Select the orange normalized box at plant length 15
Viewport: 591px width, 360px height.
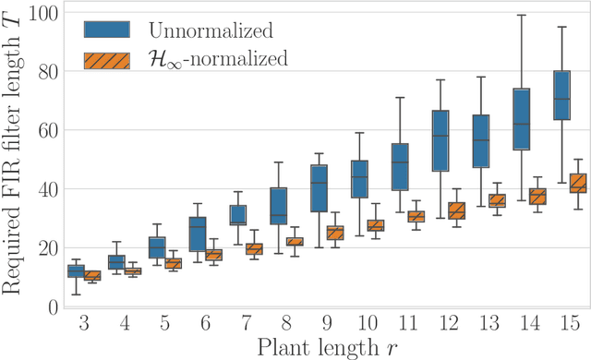pyautogui.click(x=578, y=183)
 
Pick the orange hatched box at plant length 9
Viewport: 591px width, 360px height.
pyautogui.click(x=335, y=233)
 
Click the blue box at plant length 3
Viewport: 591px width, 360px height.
pyautogui.click(x=76, y=270)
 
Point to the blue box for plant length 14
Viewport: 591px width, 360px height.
pyautogui.click(x=522, y=119)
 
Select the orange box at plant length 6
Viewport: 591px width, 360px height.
pyautogui.click(x=213, y=255)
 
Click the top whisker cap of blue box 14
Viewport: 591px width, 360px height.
pyautogui.click(x=522, y=15)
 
